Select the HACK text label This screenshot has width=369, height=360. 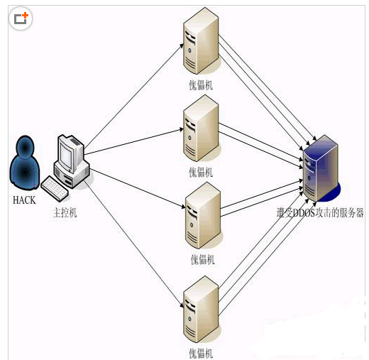click(24, 200)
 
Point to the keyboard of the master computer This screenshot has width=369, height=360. click(55, 187)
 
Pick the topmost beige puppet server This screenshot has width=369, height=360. click(199, 45)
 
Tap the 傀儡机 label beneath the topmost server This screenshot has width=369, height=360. click(201, 86)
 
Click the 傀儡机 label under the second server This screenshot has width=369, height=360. click(201, 172)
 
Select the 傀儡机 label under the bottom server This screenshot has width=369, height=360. click(201, 353)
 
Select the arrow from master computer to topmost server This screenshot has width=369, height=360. click(131, 92)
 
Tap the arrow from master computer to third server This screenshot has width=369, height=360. click(135, 187)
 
